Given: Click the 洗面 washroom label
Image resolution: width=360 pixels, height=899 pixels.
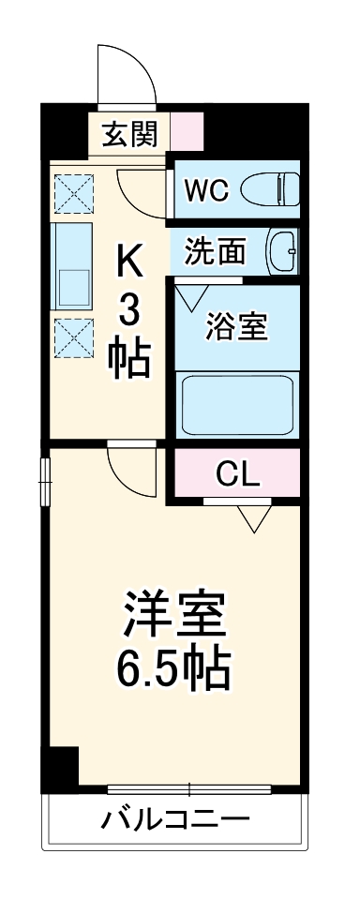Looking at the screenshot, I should pos(215,251).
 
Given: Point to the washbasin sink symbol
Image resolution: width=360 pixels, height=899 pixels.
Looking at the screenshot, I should pos(282,251).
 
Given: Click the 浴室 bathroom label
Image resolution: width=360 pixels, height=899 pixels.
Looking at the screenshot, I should pos(236,328).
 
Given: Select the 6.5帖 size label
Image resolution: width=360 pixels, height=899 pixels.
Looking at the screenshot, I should pos(174,667).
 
